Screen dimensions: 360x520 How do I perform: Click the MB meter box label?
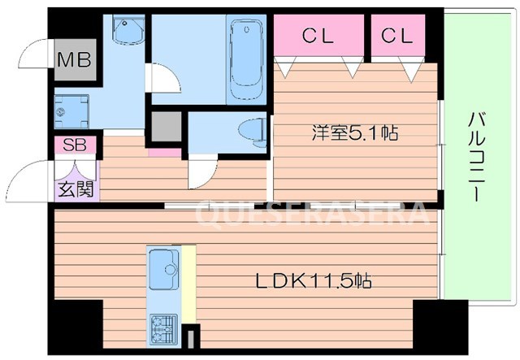coord(74,59)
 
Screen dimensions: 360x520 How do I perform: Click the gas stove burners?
coord(163,328)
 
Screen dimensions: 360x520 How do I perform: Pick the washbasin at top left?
coord(126,31)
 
